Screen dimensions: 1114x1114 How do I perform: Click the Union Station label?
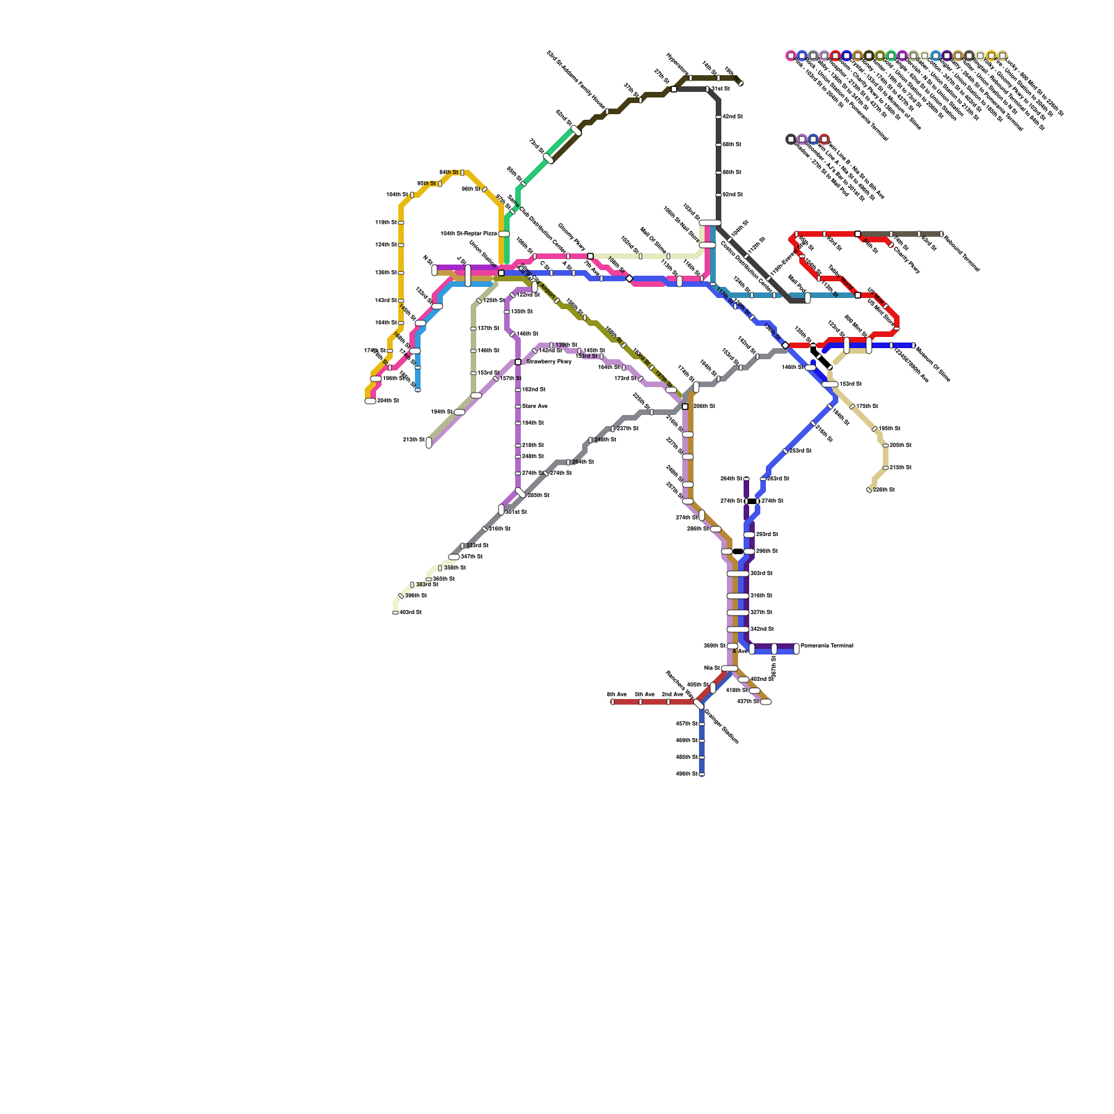pyautogui.click(x=482, y=253)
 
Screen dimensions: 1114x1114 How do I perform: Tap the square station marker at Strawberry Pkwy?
pyautogui.click(x=518, y=362)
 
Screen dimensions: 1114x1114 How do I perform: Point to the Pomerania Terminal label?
pyautogui.click(x=826, y=646)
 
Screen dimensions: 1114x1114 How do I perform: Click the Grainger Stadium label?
pyautogui.click(x=721, y=725)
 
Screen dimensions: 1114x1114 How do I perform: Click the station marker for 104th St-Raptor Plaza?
pyautogui.click(x=504, y=234)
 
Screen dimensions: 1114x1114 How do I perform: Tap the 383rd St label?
pyautogui.click(x=427, y=585)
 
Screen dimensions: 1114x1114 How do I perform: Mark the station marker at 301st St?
pyautogui.click(x=501, y=510)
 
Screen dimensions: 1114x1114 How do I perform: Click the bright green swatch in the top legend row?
pyautogui.click(x=891, y=56)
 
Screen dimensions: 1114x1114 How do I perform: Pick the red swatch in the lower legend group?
pyautogui.click(x=824, y=139)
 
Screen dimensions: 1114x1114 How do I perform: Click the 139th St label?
pyautogui.click(x=566, y=345)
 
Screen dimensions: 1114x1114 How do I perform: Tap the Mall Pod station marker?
pyautogui.click(x=808, y=298)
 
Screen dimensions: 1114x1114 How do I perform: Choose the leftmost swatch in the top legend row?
pyautogui.click(x=791, y=56)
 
